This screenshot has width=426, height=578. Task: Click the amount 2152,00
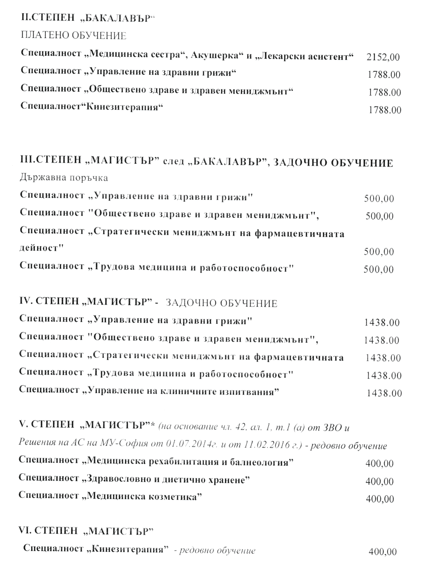[383, 57]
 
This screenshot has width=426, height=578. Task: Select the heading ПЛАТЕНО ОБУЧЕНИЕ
[73, 36]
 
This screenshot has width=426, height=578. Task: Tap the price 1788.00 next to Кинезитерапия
[384, 110]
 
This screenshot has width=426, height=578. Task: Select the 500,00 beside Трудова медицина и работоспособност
[378, 269]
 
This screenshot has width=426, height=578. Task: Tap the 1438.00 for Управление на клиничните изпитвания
[384, 394]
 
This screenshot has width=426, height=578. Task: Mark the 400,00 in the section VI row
[382, 552]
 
